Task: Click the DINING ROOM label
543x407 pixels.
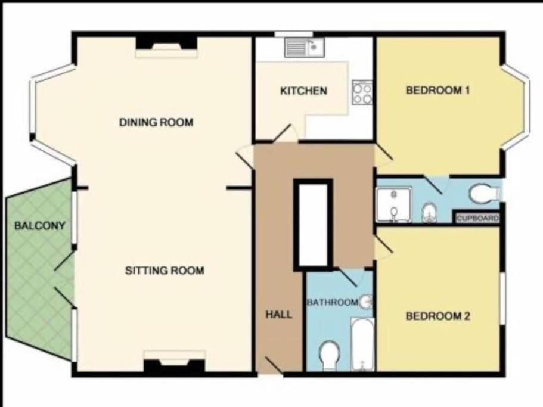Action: click(x=156, y=122)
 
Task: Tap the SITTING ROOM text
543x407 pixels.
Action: click(x=165, y=271)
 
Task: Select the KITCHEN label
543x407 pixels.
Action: click(x=303, y=91)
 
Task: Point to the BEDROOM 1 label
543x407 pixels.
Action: click(x=437, y=91)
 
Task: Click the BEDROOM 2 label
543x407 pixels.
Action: click(x=437, y=316)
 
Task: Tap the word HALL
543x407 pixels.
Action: click(x=279, y=314)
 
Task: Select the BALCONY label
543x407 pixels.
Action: click(x=40, y=226)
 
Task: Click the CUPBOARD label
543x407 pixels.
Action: click(x=477, y=218)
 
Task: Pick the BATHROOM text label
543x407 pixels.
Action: click(x=332, y=303)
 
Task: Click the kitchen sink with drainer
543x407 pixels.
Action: click(x=305, y=48)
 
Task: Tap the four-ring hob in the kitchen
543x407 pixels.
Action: click(x=362, y=92)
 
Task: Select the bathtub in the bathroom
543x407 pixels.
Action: click(x=362, y=344)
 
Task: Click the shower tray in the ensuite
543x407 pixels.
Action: click(x=394, y=205)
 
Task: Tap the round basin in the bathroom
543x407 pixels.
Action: click(x=366, y=302)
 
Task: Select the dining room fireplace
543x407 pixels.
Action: click(x=166, y=47)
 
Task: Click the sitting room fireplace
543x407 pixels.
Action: click(x=175, y=361)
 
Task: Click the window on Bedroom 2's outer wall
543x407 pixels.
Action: click(x=502, y=299)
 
